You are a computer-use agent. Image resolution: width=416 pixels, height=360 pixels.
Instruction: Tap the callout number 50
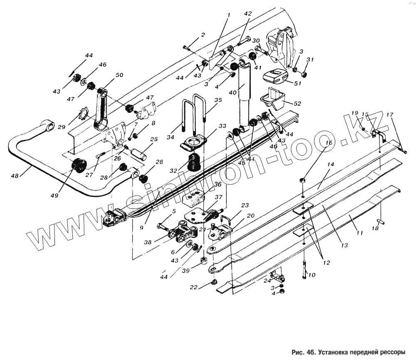119,75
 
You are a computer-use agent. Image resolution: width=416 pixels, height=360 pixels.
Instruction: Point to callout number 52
297,103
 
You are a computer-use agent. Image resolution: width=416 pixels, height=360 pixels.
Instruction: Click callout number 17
389,115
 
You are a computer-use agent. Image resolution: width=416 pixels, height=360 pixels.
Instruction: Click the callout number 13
344,246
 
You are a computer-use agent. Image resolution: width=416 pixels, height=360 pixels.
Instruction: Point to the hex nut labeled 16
303,181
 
